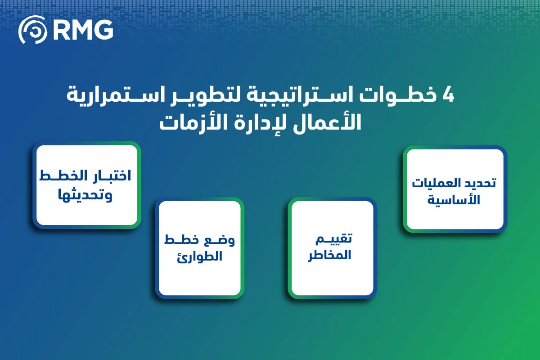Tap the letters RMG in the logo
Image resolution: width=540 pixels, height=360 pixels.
click(x=83, y=31)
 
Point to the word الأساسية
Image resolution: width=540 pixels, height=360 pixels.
click(x=455, y=200)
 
